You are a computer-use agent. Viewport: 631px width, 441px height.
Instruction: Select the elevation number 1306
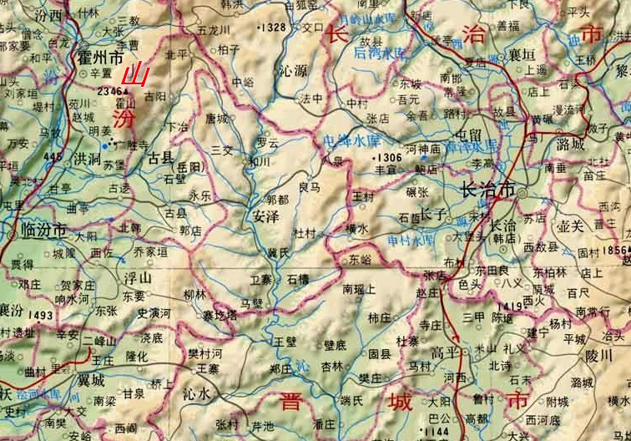tap(390, 156)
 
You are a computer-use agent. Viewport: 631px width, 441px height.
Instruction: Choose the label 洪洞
tap(87, 159)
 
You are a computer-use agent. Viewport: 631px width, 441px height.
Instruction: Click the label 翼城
tap(88, 379)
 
